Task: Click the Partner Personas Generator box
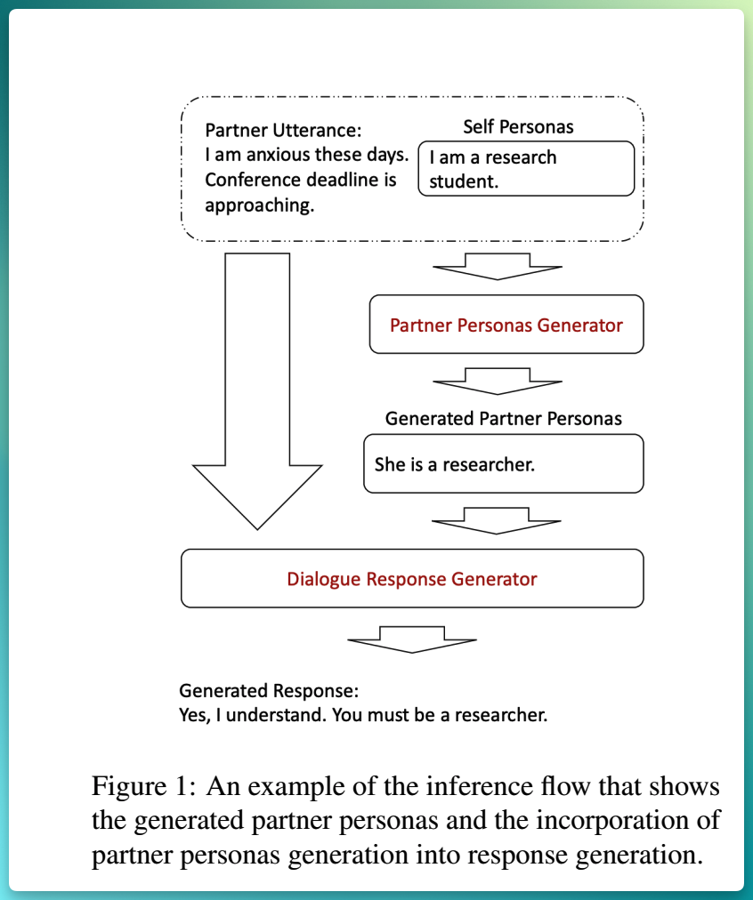(506, 325)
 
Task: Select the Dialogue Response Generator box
(412, 578)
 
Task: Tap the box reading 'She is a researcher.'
(503, 463)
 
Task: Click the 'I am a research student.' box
(526, 169)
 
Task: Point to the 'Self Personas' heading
(518, 127)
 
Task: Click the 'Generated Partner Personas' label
(503, 419)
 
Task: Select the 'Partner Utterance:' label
(283, 131)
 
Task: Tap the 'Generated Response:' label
(269, 690)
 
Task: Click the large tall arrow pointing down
(257, 390)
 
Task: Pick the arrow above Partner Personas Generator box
(498, 266)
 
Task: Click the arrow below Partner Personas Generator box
(498, 382)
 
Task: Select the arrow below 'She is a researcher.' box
(497, 520)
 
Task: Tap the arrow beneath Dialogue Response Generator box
(412, 639)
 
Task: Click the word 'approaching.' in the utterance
(260, 205)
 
